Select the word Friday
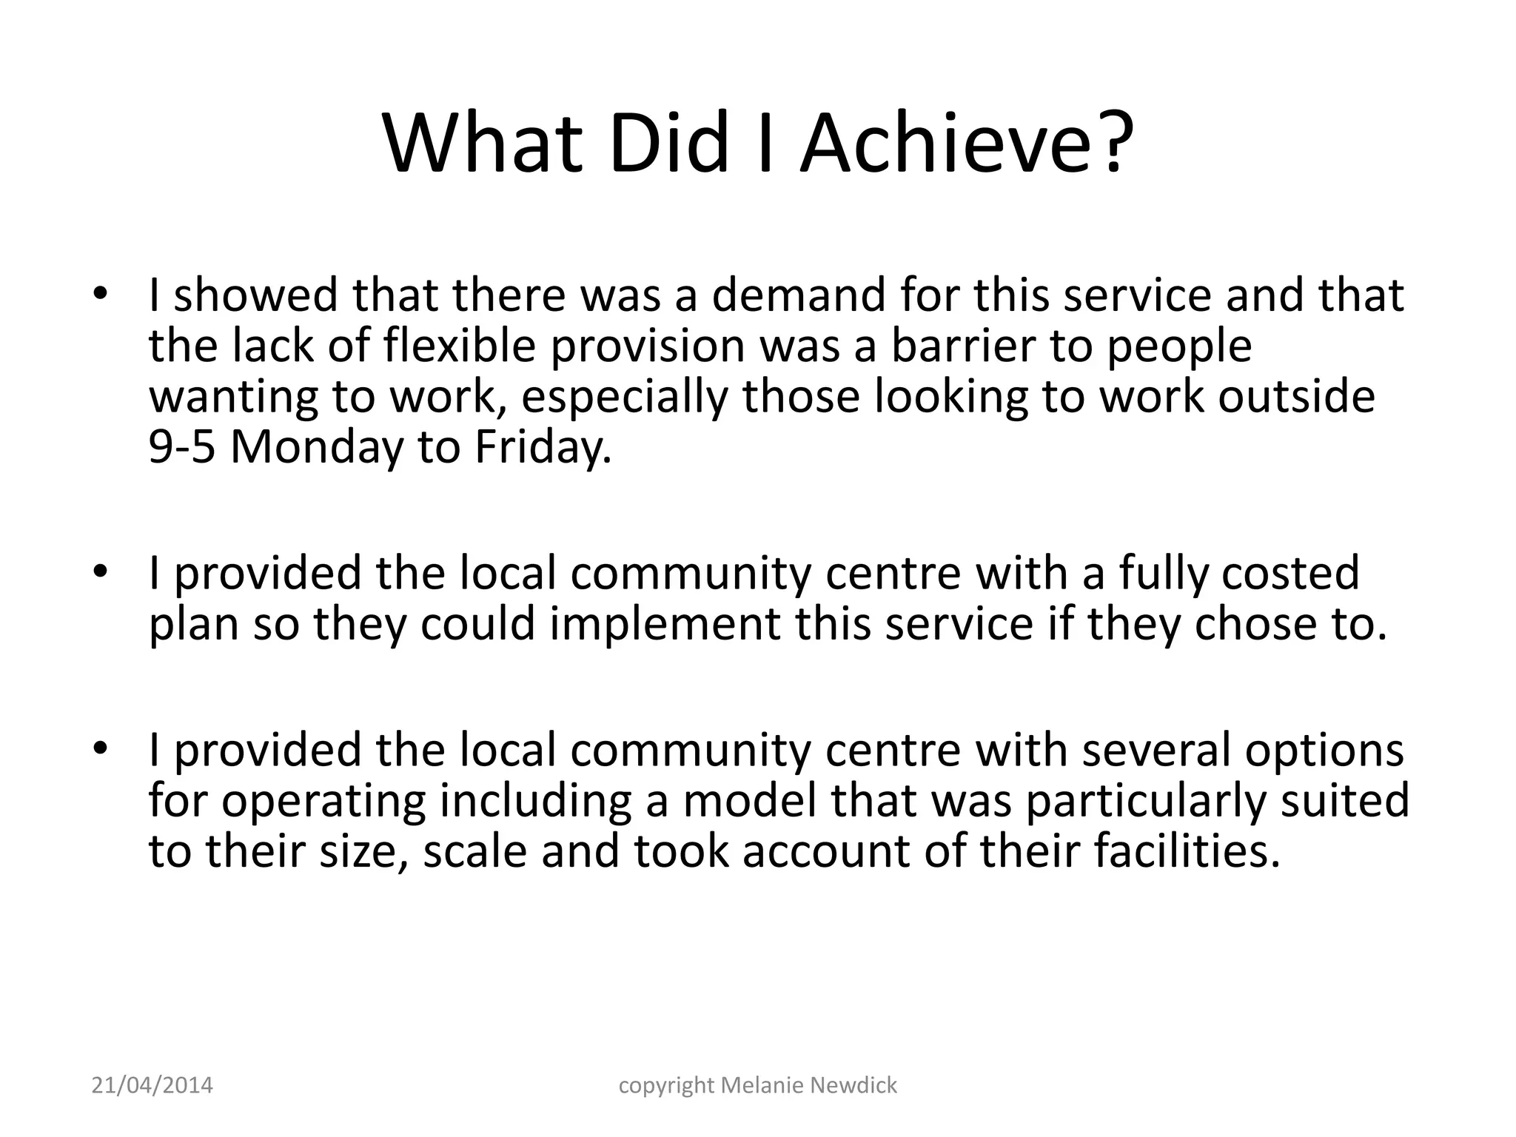[543, 448]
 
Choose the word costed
[1290, 573]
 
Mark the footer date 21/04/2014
[152, 1085]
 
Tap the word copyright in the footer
[666, 1086]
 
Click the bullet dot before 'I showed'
[101, 295]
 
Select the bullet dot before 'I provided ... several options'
[101, 749]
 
